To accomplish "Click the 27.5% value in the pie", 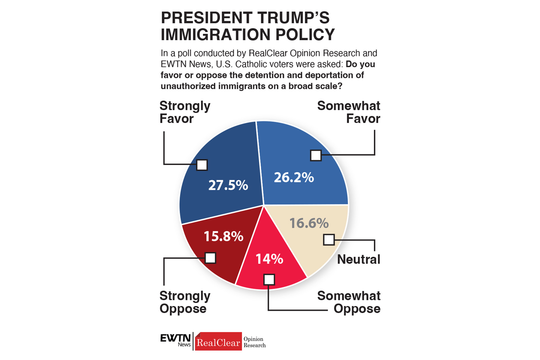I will (x=228, y=185).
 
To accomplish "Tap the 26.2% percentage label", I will (x=294, y=178).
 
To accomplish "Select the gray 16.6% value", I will (x=309, y=223).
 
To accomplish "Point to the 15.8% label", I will (x=223, y=236).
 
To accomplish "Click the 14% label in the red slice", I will (x=269, y=259).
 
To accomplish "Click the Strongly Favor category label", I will (x=185, y=112).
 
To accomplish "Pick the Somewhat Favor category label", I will (x=349, y=112).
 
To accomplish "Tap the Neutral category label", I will (x=358, y=259).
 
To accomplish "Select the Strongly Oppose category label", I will (x=185, y=302).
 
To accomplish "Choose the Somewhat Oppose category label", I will (x=349, y=302).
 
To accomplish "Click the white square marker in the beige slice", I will (x=329, y=240).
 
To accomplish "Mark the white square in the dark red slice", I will (x=210, y=258).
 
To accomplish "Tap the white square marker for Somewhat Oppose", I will (x=269, y=280).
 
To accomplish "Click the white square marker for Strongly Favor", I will (x=202, y=165).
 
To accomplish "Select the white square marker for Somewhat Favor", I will (x=316, y=155).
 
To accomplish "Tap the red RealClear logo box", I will (x=218, y=342).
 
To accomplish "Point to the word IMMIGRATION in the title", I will (x=216, y=34).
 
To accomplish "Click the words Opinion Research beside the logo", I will (x=254, y=342).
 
